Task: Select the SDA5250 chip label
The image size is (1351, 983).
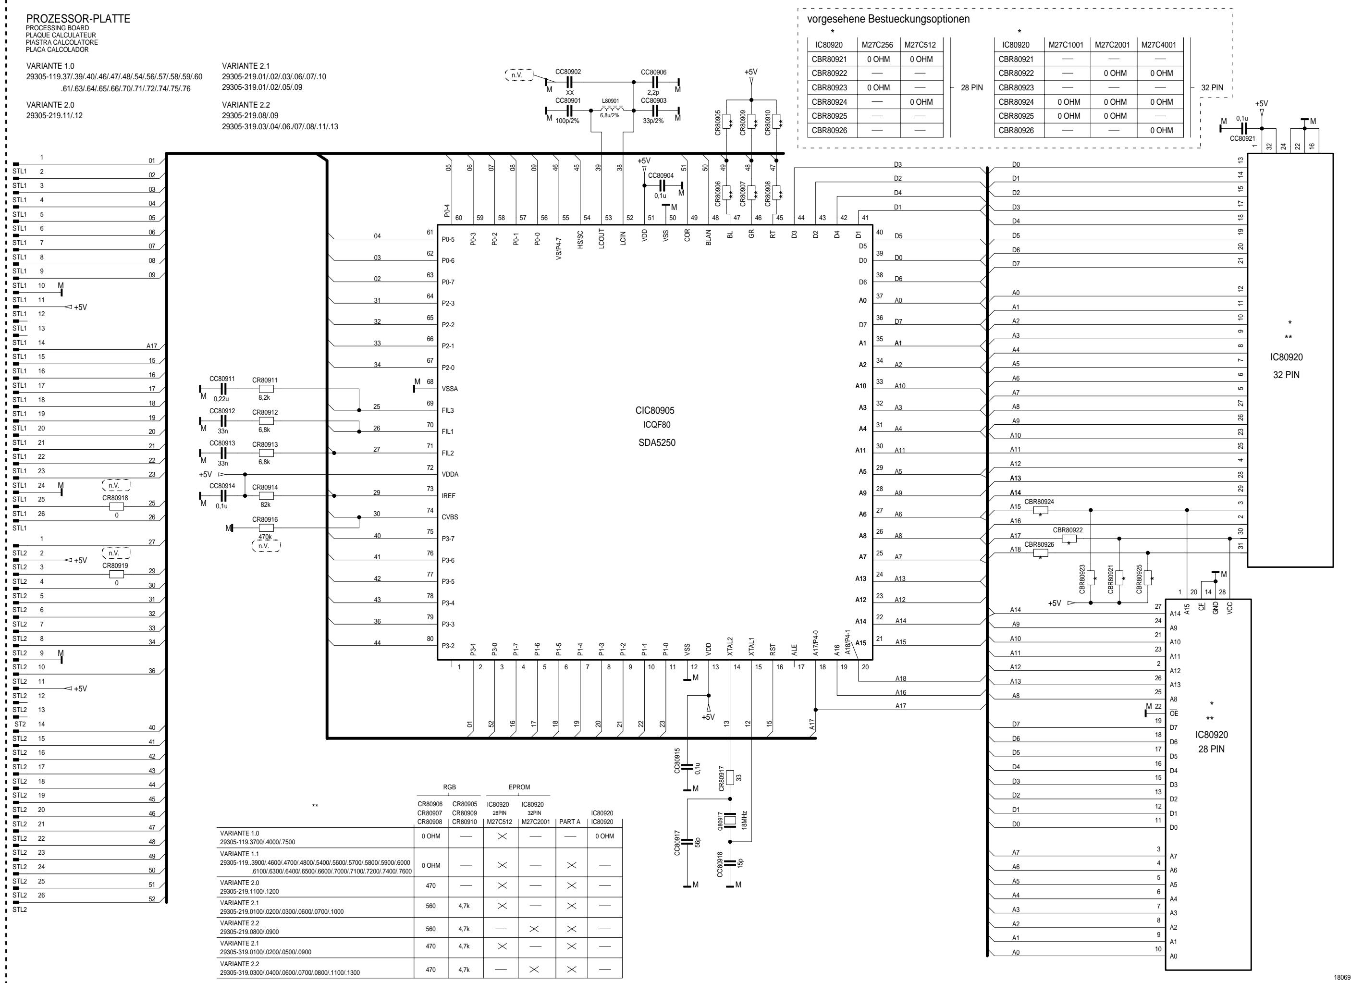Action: click(x=656, y=442)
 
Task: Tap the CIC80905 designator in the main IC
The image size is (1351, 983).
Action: click(x=655, y=410)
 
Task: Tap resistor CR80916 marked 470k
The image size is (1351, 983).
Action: click(x=266, y=528)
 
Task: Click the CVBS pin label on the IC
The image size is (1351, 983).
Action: click(x=450, y=517)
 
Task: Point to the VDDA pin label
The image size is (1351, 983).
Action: click(x=450, y=474)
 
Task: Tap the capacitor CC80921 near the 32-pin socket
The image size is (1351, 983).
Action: click(x=1243, y=129)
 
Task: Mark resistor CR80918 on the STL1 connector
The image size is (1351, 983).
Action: click(x=117, y=506)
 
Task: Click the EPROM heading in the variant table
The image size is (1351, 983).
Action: click(x=519, y=787)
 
